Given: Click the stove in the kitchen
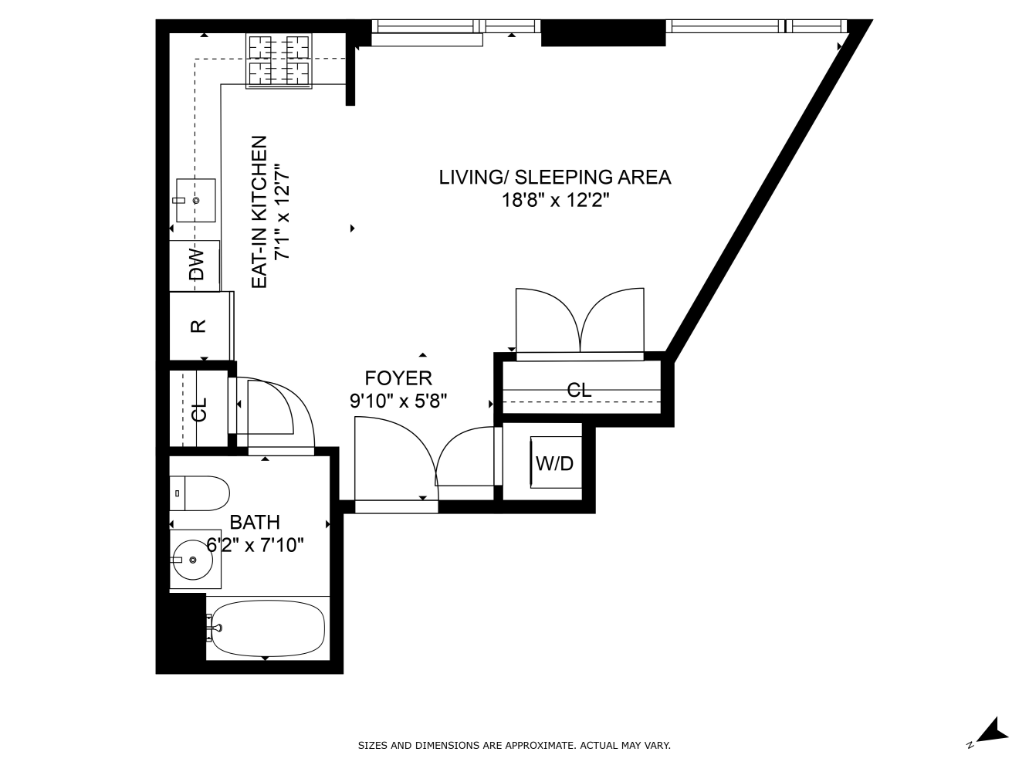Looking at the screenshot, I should tap(278, 61).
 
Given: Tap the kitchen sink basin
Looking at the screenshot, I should tap(195, 201).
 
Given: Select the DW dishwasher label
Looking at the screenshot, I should tap(197, 265).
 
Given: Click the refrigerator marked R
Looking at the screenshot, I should tap(198, 326).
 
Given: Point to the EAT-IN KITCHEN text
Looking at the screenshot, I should tap(260, 213).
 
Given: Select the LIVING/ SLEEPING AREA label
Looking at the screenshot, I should tap(554, 178).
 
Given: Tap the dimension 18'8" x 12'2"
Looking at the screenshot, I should tap(554, 201).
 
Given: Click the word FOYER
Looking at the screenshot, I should tap(398, 378).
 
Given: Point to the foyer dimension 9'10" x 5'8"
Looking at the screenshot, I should tap(398, 401).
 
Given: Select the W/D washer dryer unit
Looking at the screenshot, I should tap(555, 463).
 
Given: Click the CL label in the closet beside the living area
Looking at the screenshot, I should tap(579, 391).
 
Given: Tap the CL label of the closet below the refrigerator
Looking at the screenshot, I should tap(200, 409).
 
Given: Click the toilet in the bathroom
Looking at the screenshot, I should tap(199, 493).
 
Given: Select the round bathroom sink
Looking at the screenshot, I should tap(192, 559).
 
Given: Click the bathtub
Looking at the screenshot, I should tap(266, 628).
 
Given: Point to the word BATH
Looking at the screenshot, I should tap(255, 523).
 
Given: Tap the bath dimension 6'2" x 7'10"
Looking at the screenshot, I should tap(255, 545).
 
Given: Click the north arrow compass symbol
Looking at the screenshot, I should tap(990, 731).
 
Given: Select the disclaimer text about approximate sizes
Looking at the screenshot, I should tap(514, 746).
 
